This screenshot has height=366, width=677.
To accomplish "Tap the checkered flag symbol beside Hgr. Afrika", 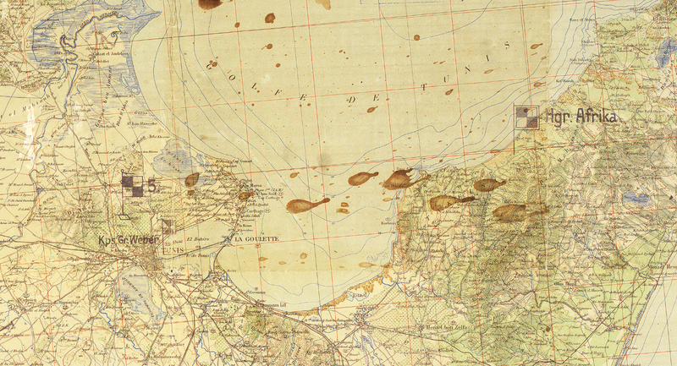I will (x=526, y=117).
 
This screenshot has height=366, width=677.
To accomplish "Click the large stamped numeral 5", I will (x=152, y=185).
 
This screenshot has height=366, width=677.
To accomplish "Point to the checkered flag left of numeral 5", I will (x=133, y=185).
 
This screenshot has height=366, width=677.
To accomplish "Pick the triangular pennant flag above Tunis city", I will (x=168, y=227).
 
